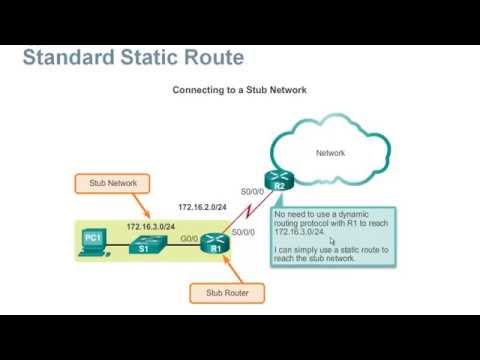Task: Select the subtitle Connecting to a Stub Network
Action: [x=239, y=90]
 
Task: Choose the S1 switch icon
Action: [x=143, y=242]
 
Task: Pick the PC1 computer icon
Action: [x=93, y=240]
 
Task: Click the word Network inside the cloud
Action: [x=330, y=153]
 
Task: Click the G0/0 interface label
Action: [x=189, y=239]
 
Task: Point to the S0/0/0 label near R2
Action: [x=253, y=191]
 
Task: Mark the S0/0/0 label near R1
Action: [x=243, y=232]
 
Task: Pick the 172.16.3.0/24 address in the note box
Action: [x=302, y=231]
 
